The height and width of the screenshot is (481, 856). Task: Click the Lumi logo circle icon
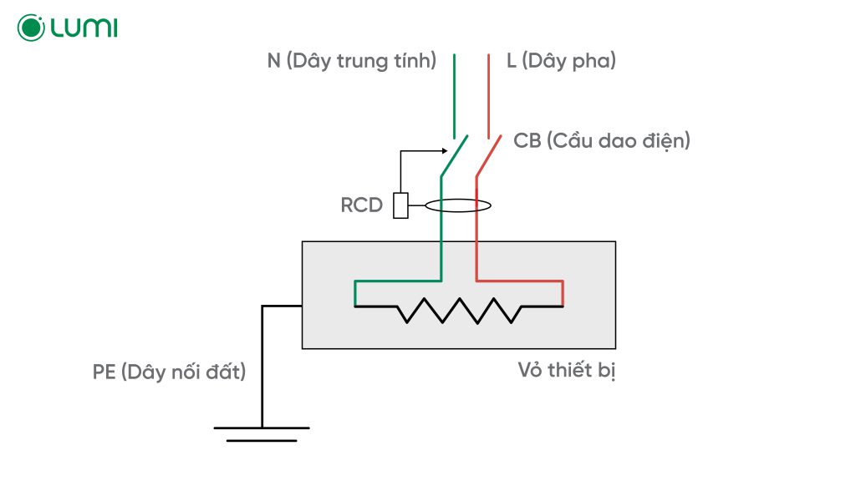[x=31, y=28]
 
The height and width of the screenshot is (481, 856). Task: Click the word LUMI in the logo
[x=84, y=28]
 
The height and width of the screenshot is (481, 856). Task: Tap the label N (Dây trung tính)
[x=350, y=61]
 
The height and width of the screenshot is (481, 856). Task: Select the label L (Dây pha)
[x=561, y=61]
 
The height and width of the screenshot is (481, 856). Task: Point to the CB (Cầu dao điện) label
[x=602, y=141]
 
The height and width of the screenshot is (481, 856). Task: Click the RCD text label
[x=362, y=205]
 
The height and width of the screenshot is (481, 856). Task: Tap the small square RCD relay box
[x=400, y=205]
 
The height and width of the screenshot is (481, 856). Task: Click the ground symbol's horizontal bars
[x=262, y=433]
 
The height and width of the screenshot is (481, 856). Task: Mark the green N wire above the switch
[x=455, y=92]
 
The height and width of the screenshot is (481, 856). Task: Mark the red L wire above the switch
[x=489, y=92]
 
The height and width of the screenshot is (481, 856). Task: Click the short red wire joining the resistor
[x=563, y=293]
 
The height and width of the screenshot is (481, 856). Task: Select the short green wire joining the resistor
[x=355, y=293]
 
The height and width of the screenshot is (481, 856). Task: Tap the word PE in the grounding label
[x=104, y=372]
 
